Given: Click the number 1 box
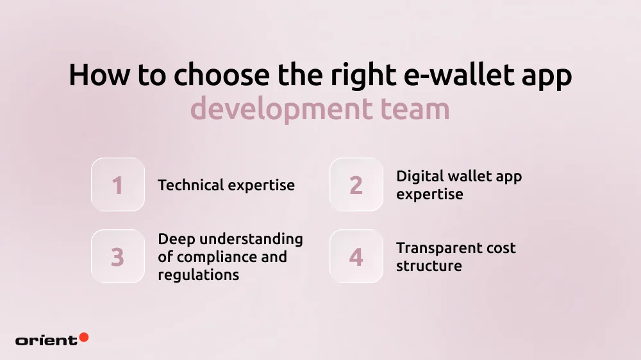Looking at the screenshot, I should point(118,185).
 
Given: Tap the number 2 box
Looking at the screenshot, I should point(356,185).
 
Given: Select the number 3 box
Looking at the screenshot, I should point(118,257).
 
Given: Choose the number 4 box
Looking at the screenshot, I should point(356,257).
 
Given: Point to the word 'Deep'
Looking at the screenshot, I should point(176,239).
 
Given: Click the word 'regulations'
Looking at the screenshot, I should point(199,275).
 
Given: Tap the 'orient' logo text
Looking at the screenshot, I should point(46,340).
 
